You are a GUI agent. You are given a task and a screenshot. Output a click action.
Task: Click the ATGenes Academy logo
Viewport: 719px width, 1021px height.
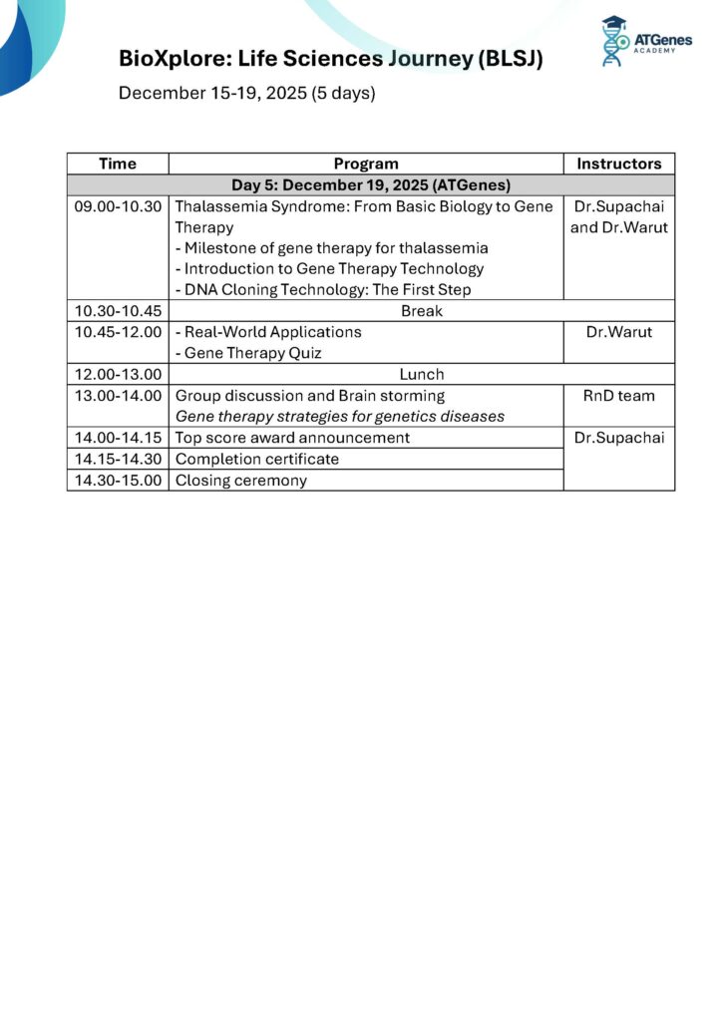(646, 42)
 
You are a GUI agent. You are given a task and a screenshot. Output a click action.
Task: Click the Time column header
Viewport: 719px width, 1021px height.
(118, 164)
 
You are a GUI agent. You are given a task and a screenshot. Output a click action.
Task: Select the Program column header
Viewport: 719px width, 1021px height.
(366, 164)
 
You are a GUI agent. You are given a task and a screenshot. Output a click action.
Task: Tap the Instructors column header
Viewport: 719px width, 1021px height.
(618, 164)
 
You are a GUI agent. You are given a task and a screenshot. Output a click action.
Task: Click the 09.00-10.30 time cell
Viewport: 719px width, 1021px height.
(118, 206)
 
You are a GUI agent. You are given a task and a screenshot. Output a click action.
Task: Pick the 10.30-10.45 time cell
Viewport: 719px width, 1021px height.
(118, 311)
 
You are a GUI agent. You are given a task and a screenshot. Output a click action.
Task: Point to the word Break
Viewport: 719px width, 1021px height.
(420, 311)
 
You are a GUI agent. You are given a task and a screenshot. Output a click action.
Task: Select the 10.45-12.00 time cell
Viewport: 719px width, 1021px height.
(118, 332)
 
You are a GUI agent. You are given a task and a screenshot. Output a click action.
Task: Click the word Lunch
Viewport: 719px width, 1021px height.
(420, 375)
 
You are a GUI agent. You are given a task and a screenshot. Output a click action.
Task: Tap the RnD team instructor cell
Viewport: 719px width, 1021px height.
(618, 396)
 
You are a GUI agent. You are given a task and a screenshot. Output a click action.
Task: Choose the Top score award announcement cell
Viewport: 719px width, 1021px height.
(292, 438)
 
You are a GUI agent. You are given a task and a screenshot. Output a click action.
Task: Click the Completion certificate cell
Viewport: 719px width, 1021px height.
(257, 459)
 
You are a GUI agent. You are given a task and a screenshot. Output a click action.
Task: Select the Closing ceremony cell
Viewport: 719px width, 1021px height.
(241, 481)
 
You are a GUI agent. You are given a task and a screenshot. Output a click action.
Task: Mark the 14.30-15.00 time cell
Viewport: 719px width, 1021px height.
(118, 481)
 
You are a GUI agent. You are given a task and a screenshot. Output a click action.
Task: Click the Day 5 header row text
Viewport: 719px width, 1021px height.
(371, 185)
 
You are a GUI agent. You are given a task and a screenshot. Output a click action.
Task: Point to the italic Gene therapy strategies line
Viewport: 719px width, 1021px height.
(340, 417)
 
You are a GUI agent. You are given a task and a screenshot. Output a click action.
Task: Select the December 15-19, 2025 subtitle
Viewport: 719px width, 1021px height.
(246, 94)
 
